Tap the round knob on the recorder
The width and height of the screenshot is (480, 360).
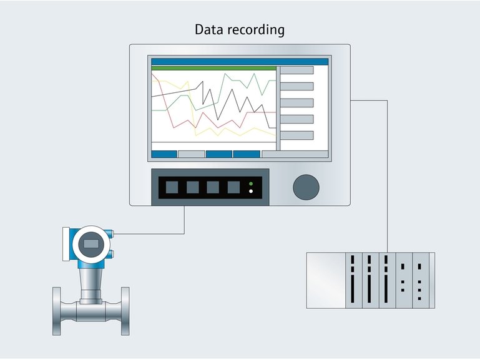click(306, 187)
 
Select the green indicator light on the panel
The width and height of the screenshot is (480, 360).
click(251, 183)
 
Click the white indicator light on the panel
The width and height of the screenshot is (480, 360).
click(251, 192)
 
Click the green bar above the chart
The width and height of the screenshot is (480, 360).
click(213, 68)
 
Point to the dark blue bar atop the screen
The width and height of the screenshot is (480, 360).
click(240, 62)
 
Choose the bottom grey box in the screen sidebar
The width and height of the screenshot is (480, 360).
click(296, 135)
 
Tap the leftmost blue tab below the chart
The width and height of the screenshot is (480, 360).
click(164, 153)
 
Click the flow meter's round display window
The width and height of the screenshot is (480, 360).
click(91, 244)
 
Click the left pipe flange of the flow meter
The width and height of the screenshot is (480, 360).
click(57, 310)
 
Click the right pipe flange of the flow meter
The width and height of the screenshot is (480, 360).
click(125, 310)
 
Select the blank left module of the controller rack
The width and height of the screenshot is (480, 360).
click(326, 280)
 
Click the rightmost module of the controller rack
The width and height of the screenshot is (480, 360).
click(420, 280)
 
